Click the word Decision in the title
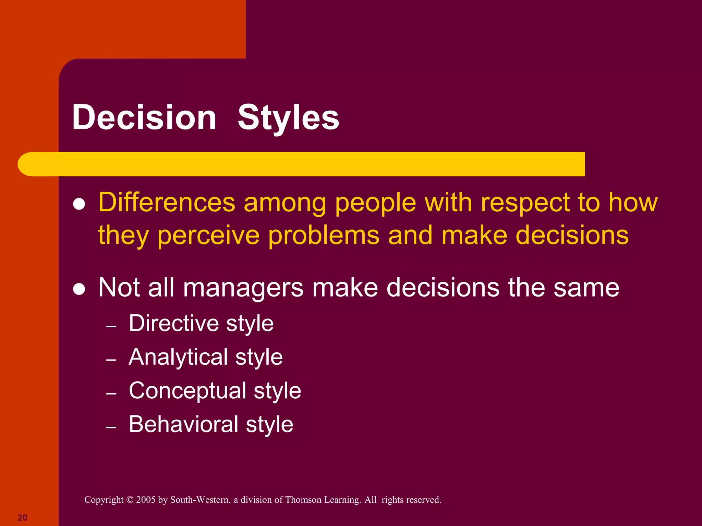[x=144, y=117]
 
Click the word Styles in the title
[x=288, y=117]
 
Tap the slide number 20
[x=22, y=517]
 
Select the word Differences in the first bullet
[x=167, y=202]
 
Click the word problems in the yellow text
[x=324, y=236]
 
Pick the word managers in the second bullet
[x=243, y=287]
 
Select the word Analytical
[x=178, y=357]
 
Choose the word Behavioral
[x=183, y=424]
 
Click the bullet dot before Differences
[x=79, y=204]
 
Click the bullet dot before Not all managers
[x=79, y=289]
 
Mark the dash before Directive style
[x=111, y=326]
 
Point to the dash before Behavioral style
[x=111, y=427]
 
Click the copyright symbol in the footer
[x=130, y=500]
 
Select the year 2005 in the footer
[x=146, y=500]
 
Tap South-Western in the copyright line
[x=200, y=500]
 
